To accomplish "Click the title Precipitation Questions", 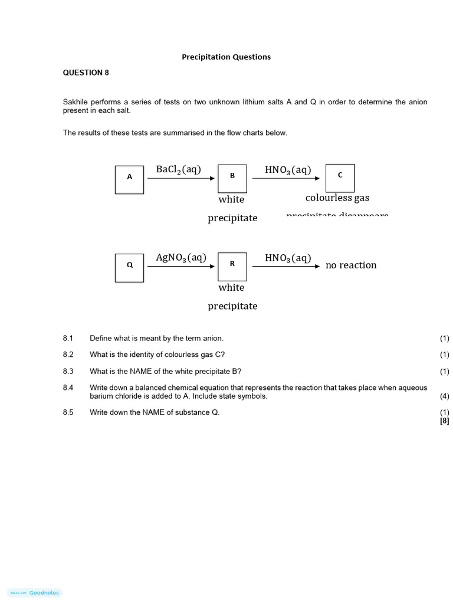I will click(226, 57).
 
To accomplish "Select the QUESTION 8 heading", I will click(86, 73).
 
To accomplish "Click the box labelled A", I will click(130, 179).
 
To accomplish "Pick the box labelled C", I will click(340, 178).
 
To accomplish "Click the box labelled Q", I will click(130, 267).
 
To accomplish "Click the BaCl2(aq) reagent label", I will click(178, 170).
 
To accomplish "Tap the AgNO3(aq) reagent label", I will click(180, 258).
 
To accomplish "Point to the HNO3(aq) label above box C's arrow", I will click(288, 170).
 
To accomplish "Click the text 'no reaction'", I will click(351, 265).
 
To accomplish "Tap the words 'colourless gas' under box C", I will click(337, 198).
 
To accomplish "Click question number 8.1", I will click(68, 339).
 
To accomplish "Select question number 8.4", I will click(68, 388).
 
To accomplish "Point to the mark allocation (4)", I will click(444, 396).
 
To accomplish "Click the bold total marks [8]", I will click(444, 421).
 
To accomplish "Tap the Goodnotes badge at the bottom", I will click(35, 593).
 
